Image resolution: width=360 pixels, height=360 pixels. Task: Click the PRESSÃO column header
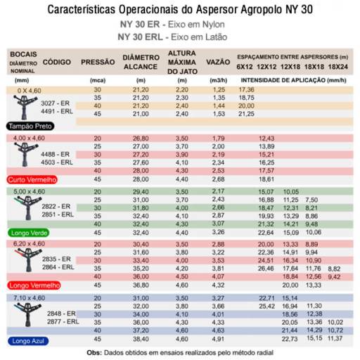[98, 62]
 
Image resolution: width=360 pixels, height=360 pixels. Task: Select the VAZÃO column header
[216, 62]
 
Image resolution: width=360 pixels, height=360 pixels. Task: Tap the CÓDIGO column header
[56, 62]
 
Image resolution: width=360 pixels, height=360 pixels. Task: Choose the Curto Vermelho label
[32, 179]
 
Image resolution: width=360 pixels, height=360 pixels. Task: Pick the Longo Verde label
[29, 232]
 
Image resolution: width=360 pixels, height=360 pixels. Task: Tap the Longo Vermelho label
[34, 285]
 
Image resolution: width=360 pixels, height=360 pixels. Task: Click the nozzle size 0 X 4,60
[30, 91]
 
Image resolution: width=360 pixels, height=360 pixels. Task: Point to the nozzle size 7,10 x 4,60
[30, 298]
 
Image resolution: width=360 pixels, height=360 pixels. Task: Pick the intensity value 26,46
[266, 268]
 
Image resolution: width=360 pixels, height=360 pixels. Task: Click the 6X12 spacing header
[245, 66]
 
